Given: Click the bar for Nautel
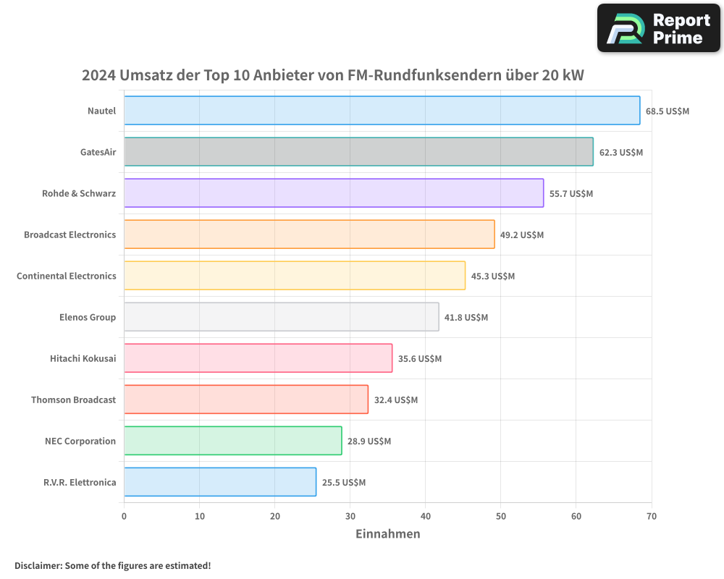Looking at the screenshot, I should coord(382,111).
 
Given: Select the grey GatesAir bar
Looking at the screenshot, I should coord(358,152).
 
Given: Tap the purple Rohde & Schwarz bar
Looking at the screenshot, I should coord(334,193).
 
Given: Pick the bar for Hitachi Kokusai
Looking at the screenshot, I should coord(258,358).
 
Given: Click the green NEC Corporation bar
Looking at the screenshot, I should coord(232,441).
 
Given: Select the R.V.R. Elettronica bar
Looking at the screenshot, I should coord(220,482).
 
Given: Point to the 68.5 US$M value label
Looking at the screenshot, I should coord(668,111).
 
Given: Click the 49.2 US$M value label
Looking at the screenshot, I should coord(522,235).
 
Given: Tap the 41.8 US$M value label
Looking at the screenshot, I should coord(466,318).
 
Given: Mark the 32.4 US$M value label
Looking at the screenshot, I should coord(396,400).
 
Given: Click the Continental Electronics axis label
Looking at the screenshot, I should coord(67,276).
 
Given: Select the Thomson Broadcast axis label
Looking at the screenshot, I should coord(73,400).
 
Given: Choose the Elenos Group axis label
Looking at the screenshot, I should coord(88,318).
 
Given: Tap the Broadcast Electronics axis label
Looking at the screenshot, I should coord(70,235).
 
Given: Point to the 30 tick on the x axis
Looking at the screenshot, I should coord(350,517).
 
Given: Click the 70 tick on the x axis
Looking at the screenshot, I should coord(651,517).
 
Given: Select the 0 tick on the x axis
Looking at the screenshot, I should coord(124,517).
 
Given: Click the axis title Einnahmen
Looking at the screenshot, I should coord(387,534).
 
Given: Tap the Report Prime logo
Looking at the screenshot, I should coord(658,28).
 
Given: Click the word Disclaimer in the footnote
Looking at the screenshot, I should coord(38,566).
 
